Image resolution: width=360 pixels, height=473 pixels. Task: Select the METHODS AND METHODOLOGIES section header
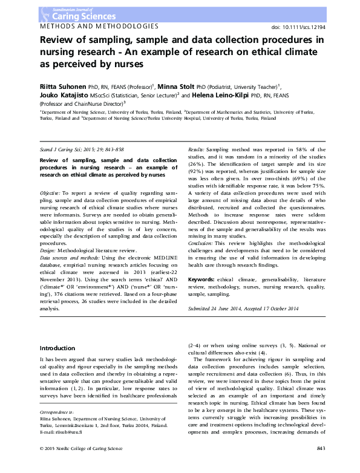click(x=99, y=27)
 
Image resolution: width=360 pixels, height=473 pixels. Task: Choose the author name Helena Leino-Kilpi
click(x=224, y=95)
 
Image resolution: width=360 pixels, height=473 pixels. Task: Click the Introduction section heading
click(x=57, y=348)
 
